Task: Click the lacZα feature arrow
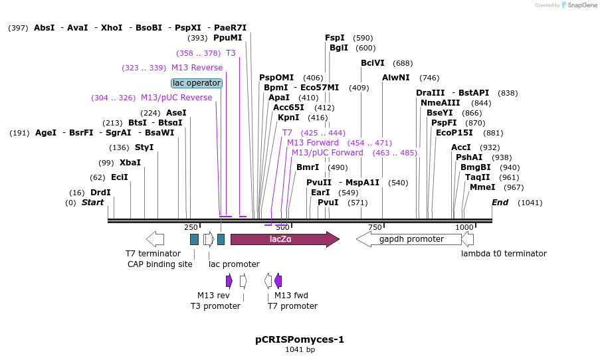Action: pyautogui.click(x=284, y=239)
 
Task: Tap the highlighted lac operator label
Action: pyautogui.click(x=196, y=83)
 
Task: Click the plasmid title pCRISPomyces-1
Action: pyautogui.click(x=300, y=339)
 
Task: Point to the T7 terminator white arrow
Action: pyautogui.click(x=155, y=239)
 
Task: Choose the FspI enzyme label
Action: pyautogui.click(x=335, y=38)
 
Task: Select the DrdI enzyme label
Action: pyautogui.click(x=100, y=193)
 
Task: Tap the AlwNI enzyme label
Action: pyautogui.click(x=396, y=78)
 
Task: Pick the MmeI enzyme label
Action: pyautogui.click(x=482, y=187)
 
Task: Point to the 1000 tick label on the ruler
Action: pyautogui.click(x=464, y=227)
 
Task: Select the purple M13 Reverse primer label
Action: pyautogui.click(x=197, y=68)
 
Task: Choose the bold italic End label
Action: pyautogui.click(x=500, y=203)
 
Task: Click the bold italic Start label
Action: pyautogui.click(x=93, y=203)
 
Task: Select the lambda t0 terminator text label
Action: pyautogui.click(x=504, y=254)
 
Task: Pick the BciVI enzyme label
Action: pyautogui.click(x=373, y=63)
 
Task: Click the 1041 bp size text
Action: pyautogui.click(x=300, y=349)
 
